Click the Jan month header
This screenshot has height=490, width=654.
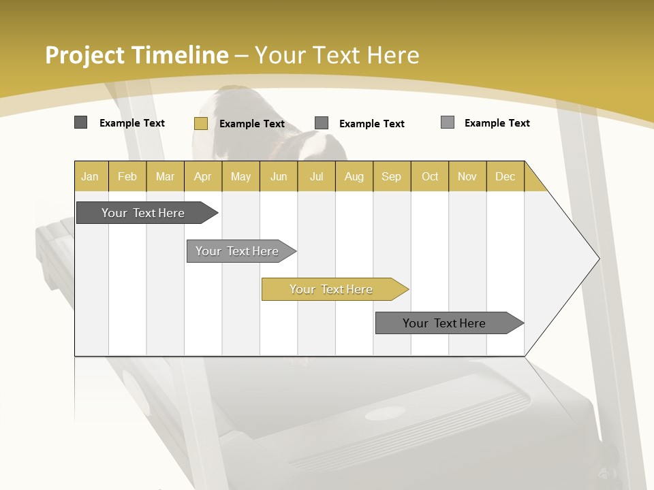pyautogui.click(x=91, y=176)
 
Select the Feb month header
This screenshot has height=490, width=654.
pyautogui.click(x=127, y=176)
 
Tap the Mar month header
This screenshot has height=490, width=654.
pyautogui.click(x=165, y=176)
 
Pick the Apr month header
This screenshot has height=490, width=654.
pyautogui.click(x=203, y=176)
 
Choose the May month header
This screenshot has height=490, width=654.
pyautogui.click(x=240, y=176)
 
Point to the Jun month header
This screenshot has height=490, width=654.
pyautogui.click(x=279, y=176)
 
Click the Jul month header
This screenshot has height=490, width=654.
pyautogui.click(x=316, y=176)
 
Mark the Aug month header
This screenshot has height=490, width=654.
pyautogui.click(x=354, y=176)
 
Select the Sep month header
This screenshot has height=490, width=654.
pyautogui.click(x=392, y=176)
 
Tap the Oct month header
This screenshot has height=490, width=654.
pyautogui.click(x=430, y=176)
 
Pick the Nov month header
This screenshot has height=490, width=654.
pyautogui.click(x=467, y=176)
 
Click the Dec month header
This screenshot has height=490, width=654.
pyautogui.click(x=505, y=176)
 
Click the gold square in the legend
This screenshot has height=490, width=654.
pyautogui.click(x=200, y=123)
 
